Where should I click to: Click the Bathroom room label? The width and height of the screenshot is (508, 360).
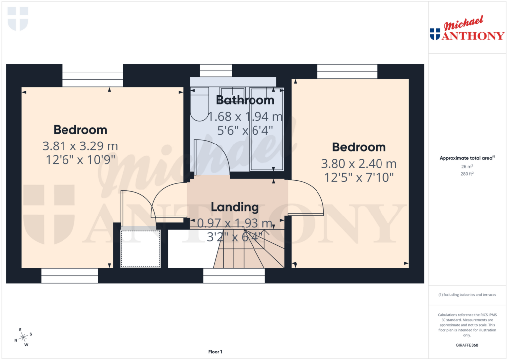coord(245,100)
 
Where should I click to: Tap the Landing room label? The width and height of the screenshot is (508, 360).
coord(235,207)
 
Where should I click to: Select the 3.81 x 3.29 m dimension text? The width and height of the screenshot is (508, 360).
coord(80,146)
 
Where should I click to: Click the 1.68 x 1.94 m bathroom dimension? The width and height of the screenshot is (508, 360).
coord(245,117)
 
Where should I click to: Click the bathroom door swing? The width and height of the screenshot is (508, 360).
coord(211,156)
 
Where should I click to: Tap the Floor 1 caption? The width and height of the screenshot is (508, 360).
coord(215,352)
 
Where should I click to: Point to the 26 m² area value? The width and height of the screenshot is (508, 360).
coord(466,167)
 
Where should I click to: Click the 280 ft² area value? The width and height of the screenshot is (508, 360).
coord(466,174)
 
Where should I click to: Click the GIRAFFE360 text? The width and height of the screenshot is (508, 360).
coord(466,345)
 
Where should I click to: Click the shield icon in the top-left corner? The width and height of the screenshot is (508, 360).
coord(18,18)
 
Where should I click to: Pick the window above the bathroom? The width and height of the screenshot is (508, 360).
coord(216,70)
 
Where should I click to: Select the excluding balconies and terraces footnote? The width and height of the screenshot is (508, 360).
coord(466,295)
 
